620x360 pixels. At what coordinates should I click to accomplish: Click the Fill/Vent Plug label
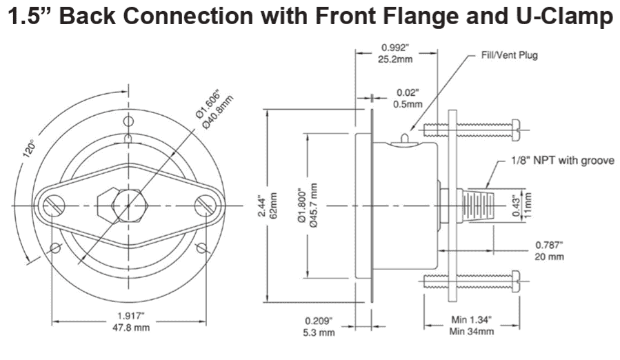coord(509,55)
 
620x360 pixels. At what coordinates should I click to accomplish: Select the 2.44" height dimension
coord(260,205)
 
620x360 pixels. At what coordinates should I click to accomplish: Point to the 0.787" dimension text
coord(550,245)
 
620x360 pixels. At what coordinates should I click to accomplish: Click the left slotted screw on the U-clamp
coord(55,205)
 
